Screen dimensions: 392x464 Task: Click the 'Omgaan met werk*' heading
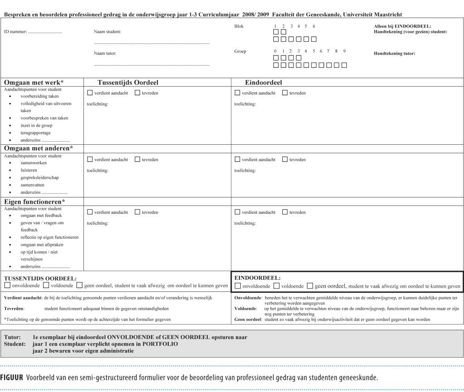pyautogui.click(x=34, y=82)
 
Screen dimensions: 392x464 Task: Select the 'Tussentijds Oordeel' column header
pyautogui.click(x=128, y=82)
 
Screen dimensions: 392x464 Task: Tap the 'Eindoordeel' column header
pyautogui.click(x=264, y=82)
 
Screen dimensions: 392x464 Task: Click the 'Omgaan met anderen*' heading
pyautogui.click(x=39, y=148)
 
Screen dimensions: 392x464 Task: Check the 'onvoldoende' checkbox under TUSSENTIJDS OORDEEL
pyautogui.click(x=7, y=285)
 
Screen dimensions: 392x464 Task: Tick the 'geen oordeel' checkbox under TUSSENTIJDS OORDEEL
pyautogui.click(x=79, y=285)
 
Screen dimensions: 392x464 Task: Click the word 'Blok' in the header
pyautogui.click(x=239, y=26)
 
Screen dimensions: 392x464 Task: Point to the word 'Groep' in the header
pyautogui.click(x=240, y=51)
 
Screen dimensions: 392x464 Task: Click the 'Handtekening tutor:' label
pyautogui.click(x=394, y=53)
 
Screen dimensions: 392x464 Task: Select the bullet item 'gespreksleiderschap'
pyautogui.click(x=39, y=178)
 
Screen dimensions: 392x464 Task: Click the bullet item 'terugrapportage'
pyautogui.click(x=36, y=133)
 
